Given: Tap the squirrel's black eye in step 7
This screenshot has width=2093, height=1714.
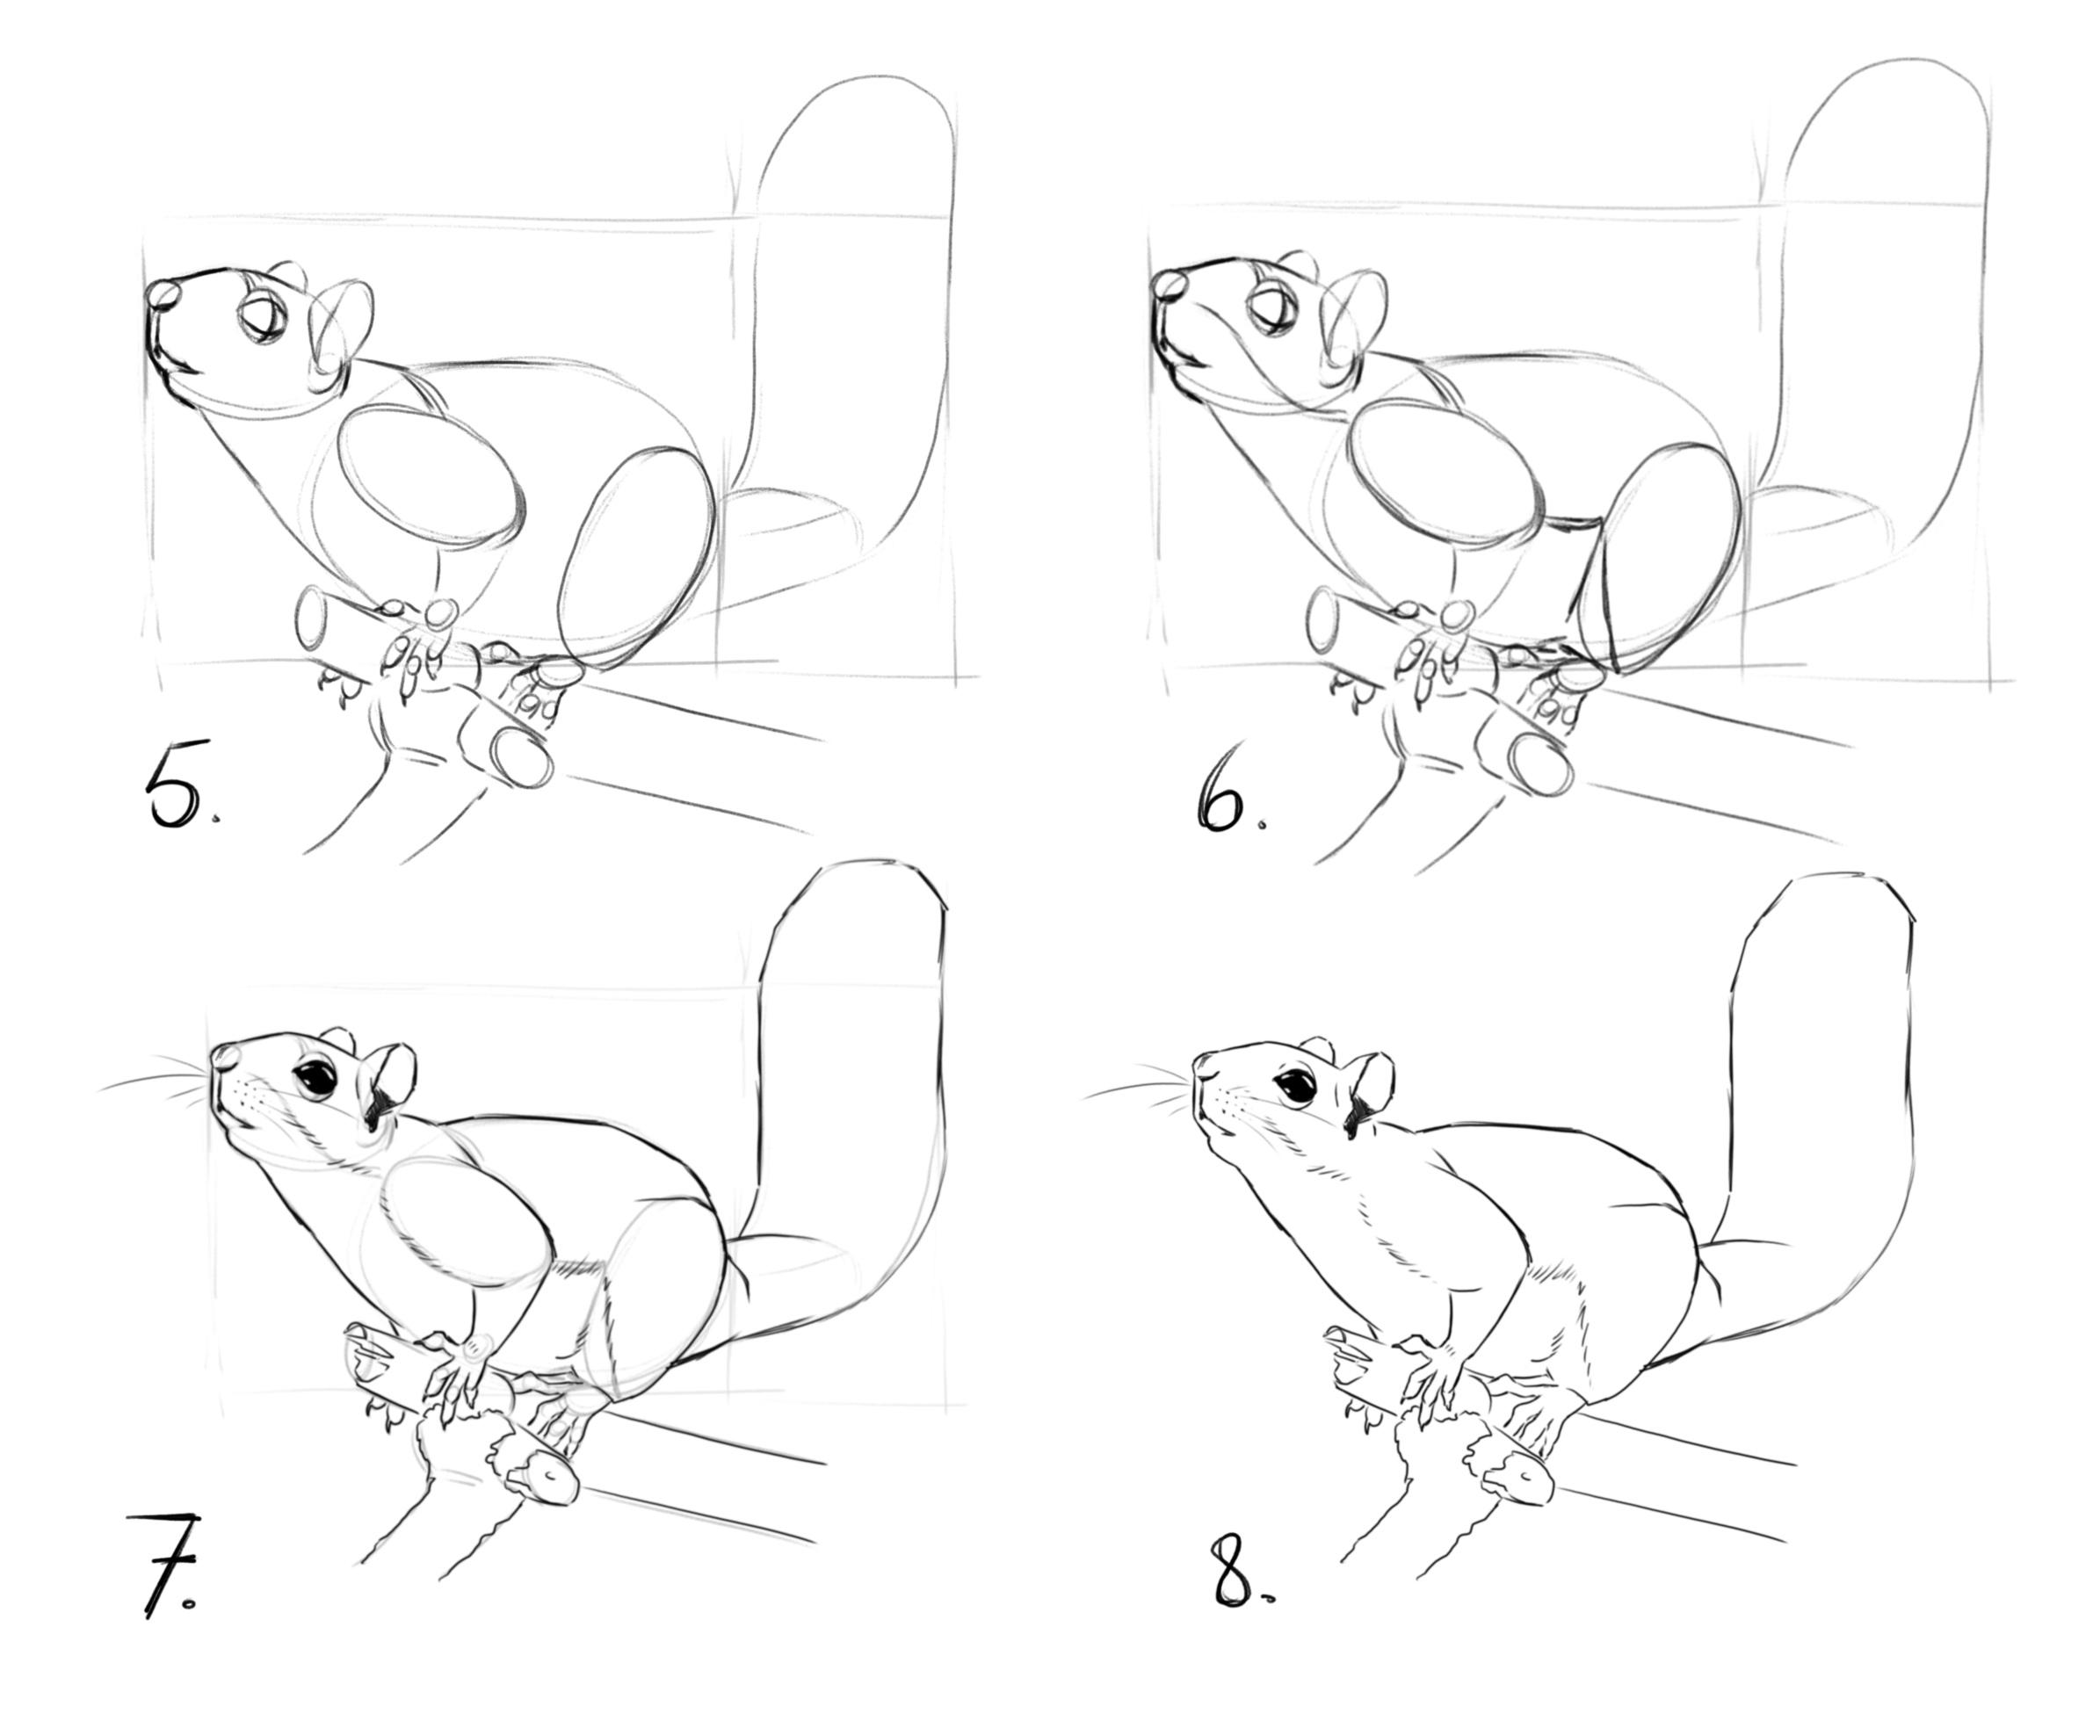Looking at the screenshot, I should pos(318,1079).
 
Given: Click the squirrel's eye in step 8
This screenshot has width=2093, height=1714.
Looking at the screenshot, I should pos(1295,1087).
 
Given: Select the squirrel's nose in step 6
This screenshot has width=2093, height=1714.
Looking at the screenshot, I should pos(1171,286).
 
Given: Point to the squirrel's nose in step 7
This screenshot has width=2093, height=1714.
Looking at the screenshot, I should pos(223,1058).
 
